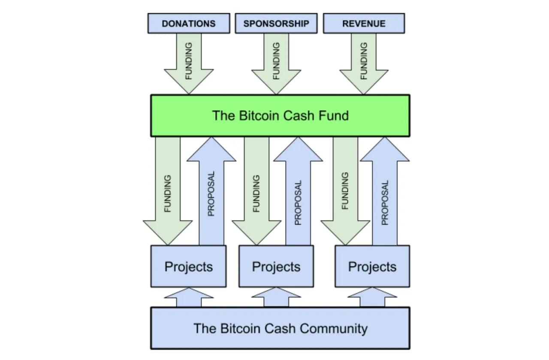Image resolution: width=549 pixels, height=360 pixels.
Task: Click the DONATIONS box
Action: [x=189, y=23]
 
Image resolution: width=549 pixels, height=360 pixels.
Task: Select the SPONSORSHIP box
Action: [x=276, y=23]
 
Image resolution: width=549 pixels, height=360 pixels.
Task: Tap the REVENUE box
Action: [x=364, y=23]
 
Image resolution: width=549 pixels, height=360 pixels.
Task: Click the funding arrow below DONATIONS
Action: [x=189, y=63]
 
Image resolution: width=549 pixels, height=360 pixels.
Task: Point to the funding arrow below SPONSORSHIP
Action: [x=276, y=63]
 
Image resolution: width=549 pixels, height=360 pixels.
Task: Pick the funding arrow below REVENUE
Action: [x=364, y=63]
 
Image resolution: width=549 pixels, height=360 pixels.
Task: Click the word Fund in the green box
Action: [x=333, y=115]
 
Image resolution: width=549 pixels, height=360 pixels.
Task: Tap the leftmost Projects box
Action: [x=188, y=266]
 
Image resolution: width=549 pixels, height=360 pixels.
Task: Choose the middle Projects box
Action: [x=276, y=266]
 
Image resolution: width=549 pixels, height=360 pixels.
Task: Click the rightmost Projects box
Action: [x=372, y=266]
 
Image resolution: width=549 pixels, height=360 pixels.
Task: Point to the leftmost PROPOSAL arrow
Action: [x=211, y=191]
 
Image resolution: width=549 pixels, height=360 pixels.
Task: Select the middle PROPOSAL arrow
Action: [x=298, y=191]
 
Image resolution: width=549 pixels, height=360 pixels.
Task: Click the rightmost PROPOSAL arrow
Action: [x=385, y=191]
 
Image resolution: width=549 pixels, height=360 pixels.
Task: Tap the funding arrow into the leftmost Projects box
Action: [x=168, y=191]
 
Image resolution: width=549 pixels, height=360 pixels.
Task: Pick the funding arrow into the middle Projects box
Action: [x=256, y=191]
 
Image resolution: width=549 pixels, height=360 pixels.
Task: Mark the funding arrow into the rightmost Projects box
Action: [x=345, y=191]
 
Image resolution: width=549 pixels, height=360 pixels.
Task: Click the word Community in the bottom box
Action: [x=334, y=329]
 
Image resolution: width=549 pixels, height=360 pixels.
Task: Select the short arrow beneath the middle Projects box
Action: [x=276, y=297]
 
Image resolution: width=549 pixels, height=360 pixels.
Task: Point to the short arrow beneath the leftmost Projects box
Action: [x=189, y=297]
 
